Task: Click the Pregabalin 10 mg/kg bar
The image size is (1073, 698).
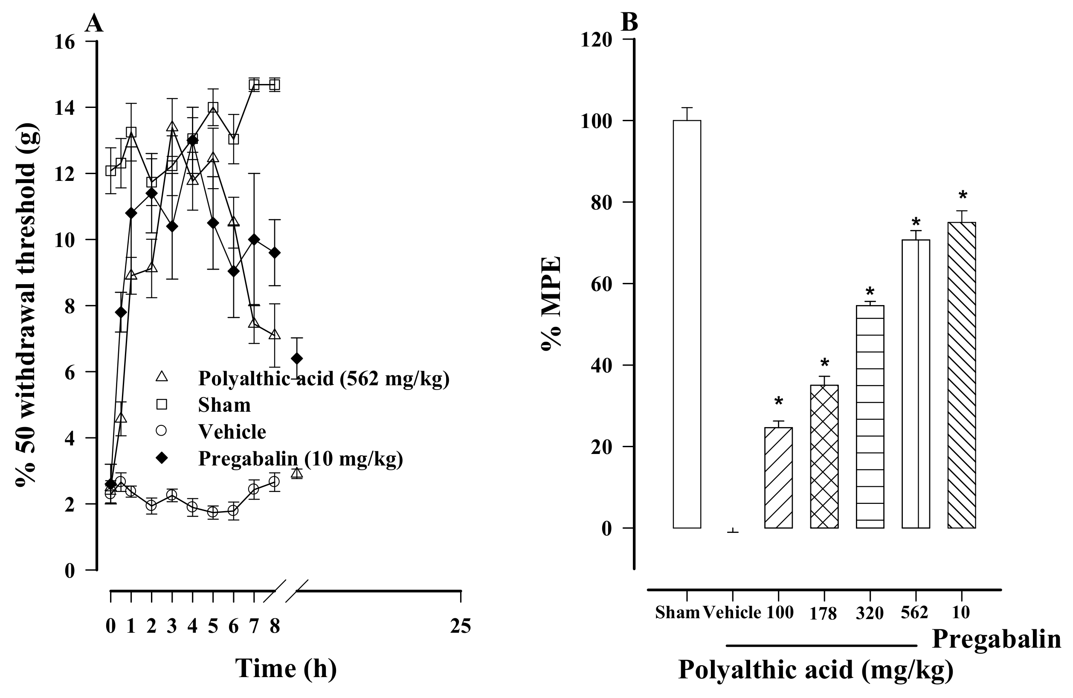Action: (x=962, y=375)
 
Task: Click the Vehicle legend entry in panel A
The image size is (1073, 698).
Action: (x=232, y=432)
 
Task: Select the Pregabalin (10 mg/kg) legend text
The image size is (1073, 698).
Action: (x=300, y=459)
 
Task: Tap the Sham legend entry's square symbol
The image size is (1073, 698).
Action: (x=161, y=404)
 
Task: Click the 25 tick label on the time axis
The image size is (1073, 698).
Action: (x=460, y=626)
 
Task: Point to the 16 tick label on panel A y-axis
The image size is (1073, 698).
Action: (x=63, y=42)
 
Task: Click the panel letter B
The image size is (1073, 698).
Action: (x=629, y=22)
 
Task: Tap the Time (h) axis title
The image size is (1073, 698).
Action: (x=286, y=668)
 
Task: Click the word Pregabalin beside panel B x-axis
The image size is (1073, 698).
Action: (x=996, y=639)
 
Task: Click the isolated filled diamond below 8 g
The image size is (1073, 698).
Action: (x=297, y=358)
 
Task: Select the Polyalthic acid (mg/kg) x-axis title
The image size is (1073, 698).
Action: (x=815, y=670)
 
